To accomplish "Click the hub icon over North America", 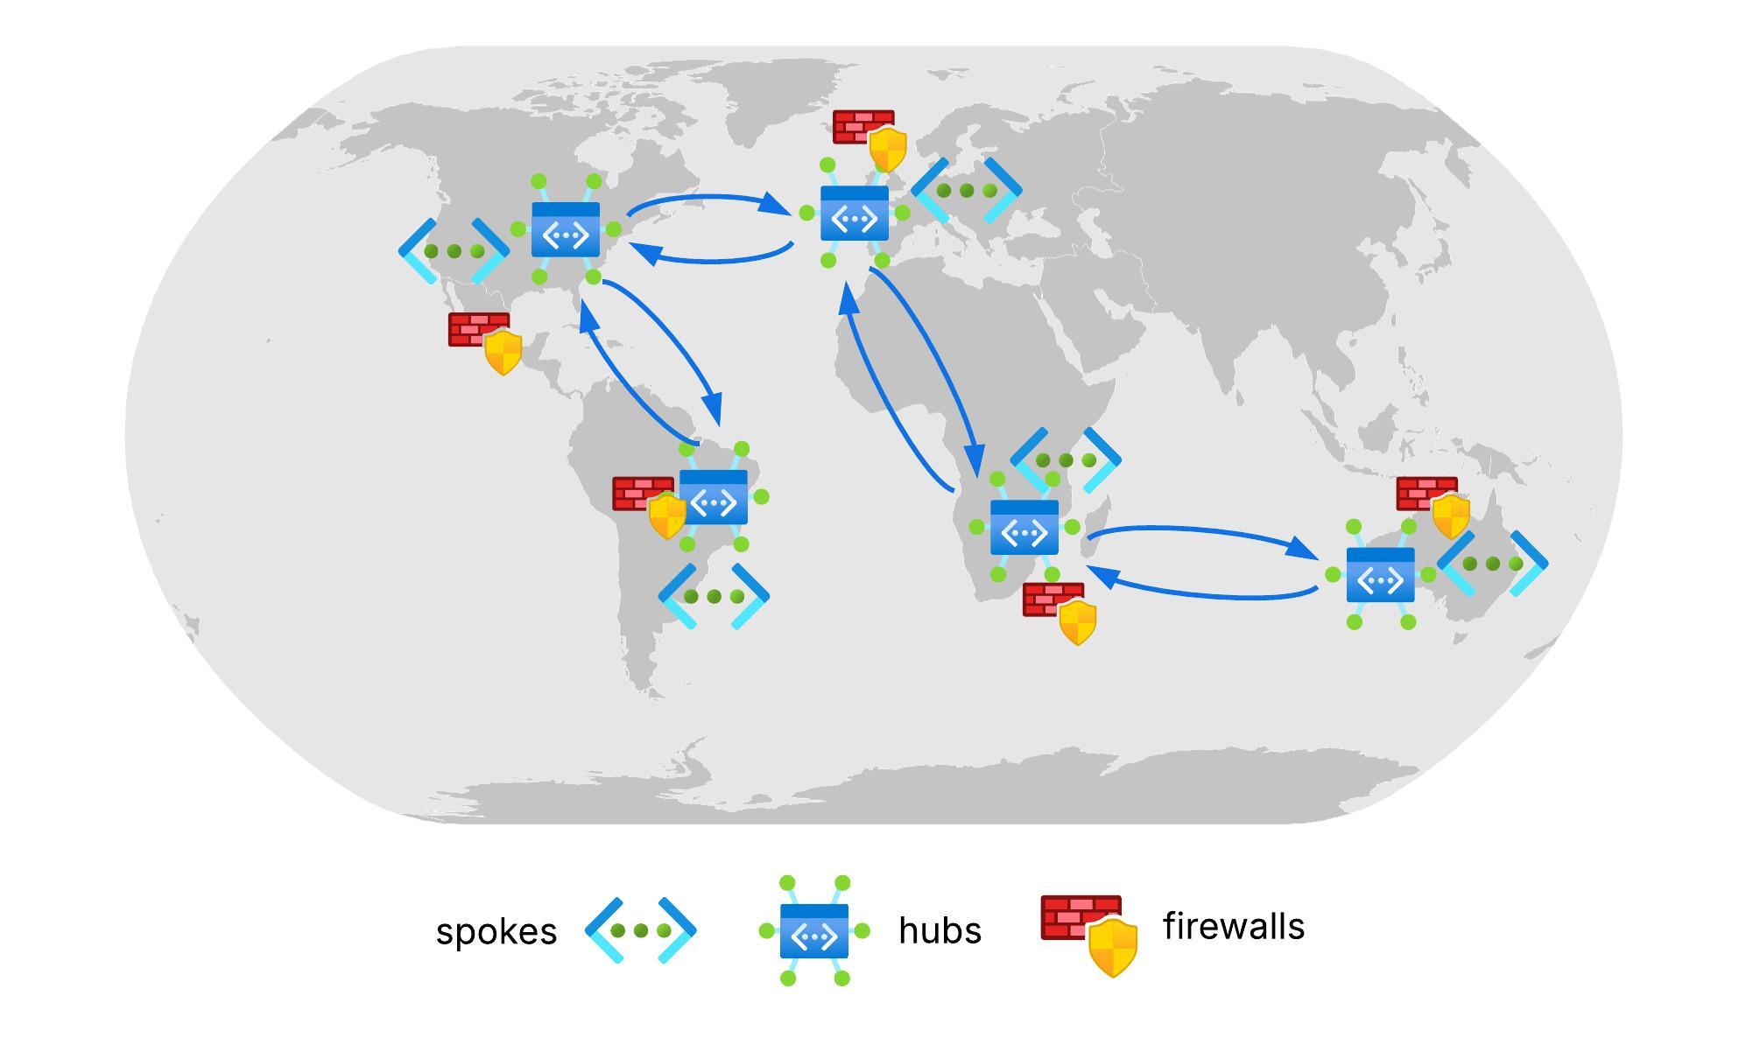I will click(x=566, y=229).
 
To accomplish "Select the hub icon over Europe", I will click(x=855, y=213).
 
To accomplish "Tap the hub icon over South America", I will click(x=714, y=497).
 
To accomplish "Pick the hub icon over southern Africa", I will click(x=1024, y=527).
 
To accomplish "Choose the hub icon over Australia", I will click(x=1381, y=574).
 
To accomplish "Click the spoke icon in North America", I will click(x=454, y=251).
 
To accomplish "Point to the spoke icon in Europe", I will click(x=967, y=190).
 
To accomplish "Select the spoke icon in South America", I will click(x=714, y=596).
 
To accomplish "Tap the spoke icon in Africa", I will click(x=1066, y=459).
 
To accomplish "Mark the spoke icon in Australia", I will click(x=1493, y=564).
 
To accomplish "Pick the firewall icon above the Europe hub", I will click(x=870, y=139).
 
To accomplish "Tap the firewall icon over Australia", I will click(x=1433, y=506).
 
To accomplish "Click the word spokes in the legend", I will click(x=496, y=932).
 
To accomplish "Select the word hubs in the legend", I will click(x=940, y=930).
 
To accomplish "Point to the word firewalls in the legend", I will click(x=1233, y=926).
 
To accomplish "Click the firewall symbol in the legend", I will click(x=1089, y=933).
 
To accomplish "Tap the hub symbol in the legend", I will click(x=814, y=931).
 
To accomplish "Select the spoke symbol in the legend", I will click(x=640, y=930).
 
